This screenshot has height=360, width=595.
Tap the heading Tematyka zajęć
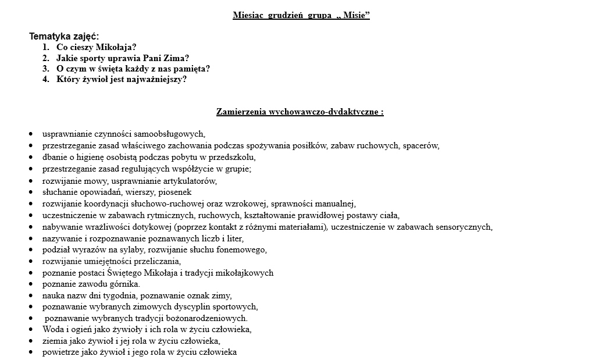[64, 37]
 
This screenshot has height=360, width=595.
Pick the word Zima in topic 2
[173, 58]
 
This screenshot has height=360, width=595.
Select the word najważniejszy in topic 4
[155, 79]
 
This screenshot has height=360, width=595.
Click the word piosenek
[175, 192]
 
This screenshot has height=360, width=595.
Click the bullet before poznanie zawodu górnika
[30, 284]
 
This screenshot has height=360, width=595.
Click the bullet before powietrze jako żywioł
[30, 352]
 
